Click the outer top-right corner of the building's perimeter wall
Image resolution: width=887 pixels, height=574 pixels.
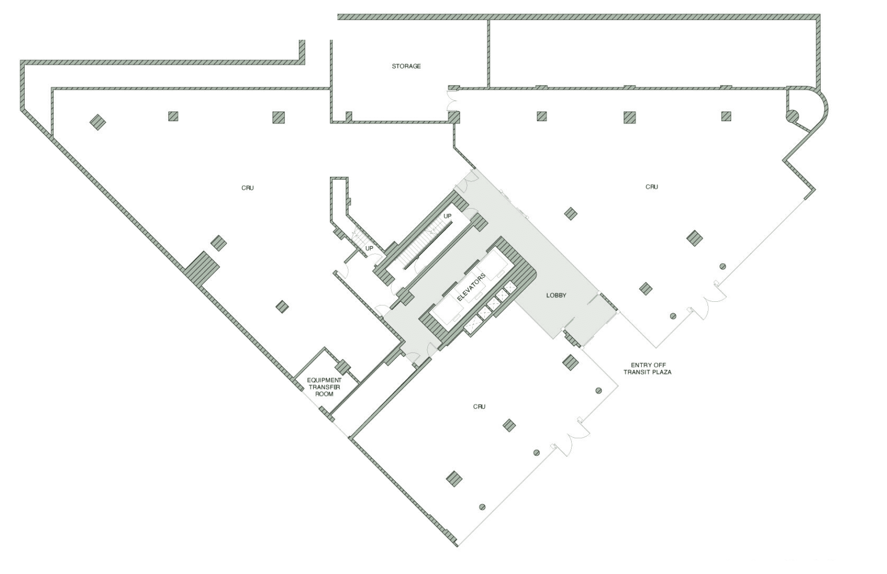821,15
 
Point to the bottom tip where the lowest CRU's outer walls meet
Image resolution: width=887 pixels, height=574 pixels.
457,546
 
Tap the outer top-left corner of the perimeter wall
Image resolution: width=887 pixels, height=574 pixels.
21,61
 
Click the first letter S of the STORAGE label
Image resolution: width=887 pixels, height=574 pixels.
394,66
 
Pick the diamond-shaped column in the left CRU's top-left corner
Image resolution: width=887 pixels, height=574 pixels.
98,122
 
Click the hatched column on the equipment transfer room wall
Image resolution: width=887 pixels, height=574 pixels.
342,367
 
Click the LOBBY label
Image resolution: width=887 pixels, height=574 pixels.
556,295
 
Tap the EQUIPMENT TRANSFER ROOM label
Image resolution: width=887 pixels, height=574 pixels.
324,387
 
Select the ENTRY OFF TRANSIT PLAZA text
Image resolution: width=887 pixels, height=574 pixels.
648,369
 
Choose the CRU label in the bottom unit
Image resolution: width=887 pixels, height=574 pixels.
479,406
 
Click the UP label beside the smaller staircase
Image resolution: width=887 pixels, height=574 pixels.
369,249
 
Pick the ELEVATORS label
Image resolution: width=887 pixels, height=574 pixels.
471,287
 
